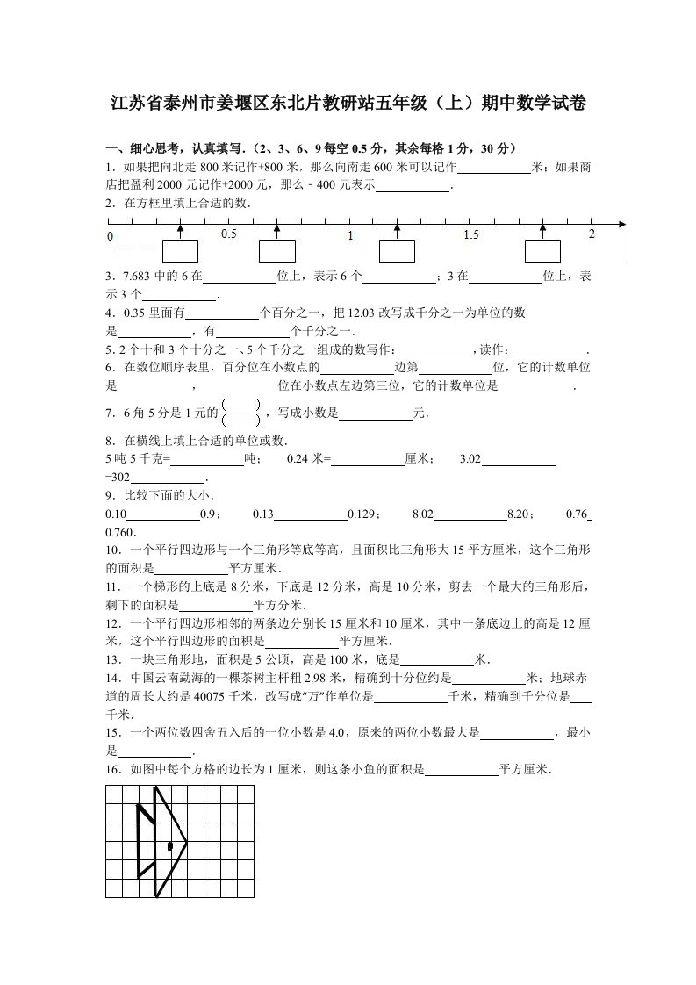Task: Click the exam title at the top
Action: pos(348,104)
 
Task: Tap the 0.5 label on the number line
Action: pos(229,234)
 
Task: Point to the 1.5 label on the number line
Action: pos(471,234)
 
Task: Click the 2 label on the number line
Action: pos(592,234)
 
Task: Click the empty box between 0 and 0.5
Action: pos(180,251)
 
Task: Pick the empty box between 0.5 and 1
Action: pos(276,251)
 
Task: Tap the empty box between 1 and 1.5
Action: pos(397,251)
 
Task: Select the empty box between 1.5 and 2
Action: pos(542,251)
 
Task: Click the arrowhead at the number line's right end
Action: pos(622,224)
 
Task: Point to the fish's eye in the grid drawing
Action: pos(169,846)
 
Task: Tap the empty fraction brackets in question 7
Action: pos(241,412)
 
